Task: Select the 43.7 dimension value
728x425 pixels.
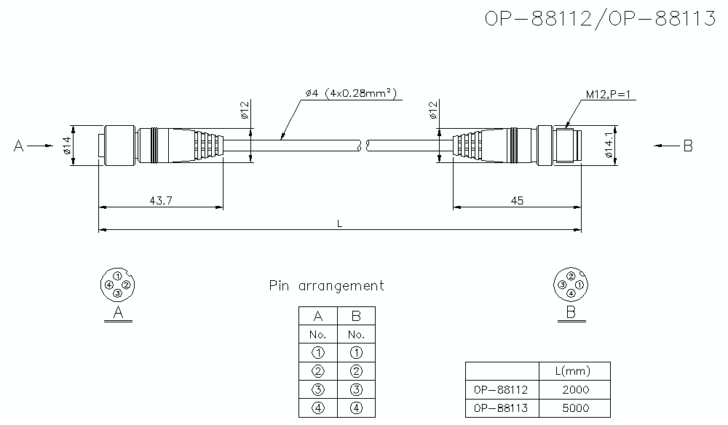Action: coord(160,201)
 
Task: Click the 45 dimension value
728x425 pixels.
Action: coord(517,201)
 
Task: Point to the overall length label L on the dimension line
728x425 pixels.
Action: coord(340,223)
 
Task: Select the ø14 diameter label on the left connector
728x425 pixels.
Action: coord(66,146)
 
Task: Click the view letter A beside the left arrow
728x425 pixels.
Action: coord(19,146)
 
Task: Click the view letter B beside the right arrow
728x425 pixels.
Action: coord(688,146)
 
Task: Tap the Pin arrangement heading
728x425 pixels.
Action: coord(326,286)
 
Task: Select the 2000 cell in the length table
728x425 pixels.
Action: coord(575,389)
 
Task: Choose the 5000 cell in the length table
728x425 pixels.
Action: coord(575,408)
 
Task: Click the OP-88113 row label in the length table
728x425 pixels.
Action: coord(501,408)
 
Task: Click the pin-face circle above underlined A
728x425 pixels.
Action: coord(117,284)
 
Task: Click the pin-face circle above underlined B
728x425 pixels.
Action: coord(571,284)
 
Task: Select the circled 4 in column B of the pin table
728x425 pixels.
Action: coord(356,408)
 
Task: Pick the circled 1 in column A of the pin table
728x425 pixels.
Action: coord(317,353)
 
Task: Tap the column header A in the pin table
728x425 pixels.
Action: coord(317,316)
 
